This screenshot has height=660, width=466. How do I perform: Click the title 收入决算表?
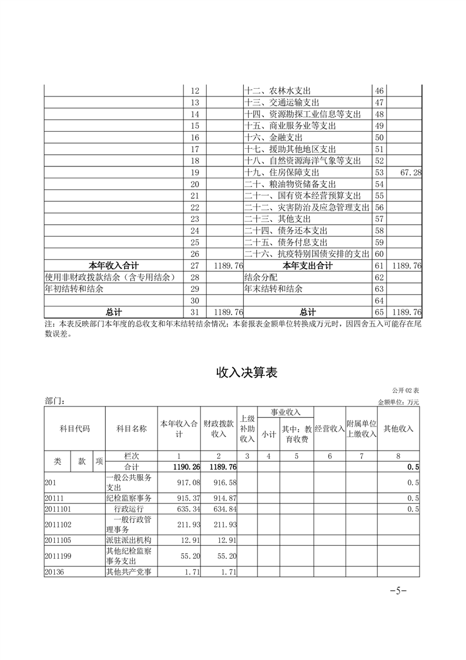pos(246,372)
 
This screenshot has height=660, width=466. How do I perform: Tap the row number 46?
pos(379,91)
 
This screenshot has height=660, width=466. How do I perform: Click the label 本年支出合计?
pos(307,266)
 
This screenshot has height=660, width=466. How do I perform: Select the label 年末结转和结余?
pos(273,289)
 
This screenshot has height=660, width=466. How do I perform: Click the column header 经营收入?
pos(329,428)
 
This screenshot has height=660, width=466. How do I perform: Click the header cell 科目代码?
pos(75,428)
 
